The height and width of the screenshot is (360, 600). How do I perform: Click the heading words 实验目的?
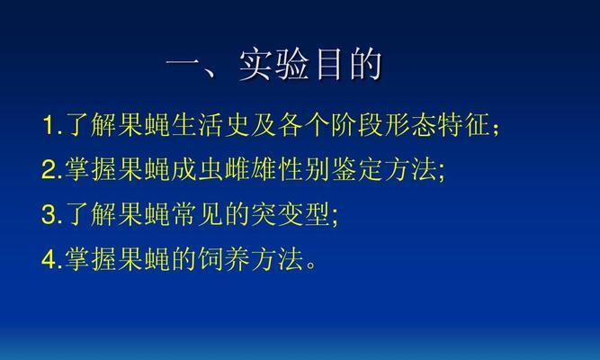pyautogui.click(x=310, y=64)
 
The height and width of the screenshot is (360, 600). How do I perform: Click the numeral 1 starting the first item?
pyautogui.click(x=49, y=125)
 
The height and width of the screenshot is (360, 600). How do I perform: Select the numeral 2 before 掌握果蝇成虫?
pyautogui.click(x=49, y=169)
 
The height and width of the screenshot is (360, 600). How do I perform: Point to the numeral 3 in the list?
pyautogui.click(x=49, y=214)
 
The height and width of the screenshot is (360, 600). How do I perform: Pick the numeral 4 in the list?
pyautogui.click(x=49, y=259)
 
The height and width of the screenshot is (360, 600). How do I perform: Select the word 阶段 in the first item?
pyautogui.click(x=357, y=125)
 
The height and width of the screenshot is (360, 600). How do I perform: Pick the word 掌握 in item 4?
pyautogui.click(x=91, y=259)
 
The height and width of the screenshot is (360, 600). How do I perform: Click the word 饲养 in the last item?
pyautogui.click(x=223, y=259)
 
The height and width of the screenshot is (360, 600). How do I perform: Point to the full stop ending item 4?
pyautogui.click(x=311, y=265)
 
